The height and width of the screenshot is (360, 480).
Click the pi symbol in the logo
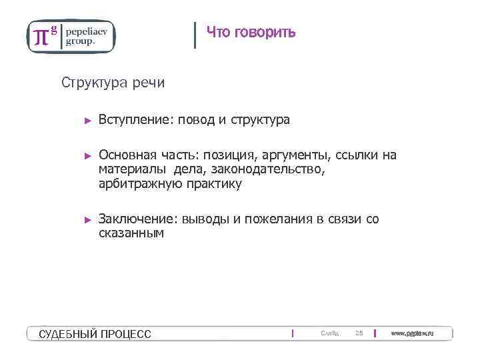41,37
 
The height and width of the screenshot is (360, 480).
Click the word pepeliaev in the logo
88,31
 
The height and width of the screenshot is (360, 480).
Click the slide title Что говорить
251,32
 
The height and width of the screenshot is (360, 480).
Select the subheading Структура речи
113,83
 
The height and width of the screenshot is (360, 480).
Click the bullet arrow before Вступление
87,121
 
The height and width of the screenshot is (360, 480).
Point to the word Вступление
135,120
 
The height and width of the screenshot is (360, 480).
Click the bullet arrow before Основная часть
87,156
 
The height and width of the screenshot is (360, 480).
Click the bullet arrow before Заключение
87,219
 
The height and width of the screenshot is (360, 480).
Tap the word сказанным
131,233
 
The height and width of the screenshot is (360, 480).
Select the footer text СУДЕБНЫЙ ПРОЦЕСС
95,334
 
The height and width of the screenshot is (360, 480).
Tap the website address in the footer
412,333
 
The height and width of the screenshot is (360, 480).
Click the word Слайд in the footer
329,333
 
